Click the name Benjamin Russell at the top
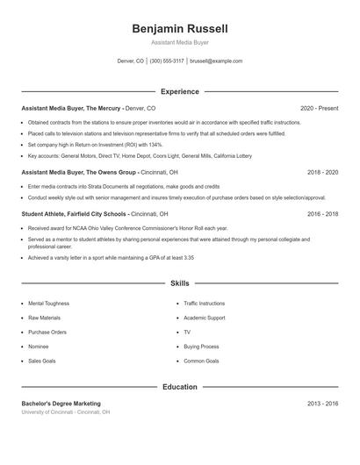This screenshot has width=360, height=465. point(180,29)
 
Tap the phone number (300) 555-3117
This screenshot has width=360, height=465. point(167,61)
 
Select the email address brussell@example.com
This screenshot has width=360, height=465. point(215,61)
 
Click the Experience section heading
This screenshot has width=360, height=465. point(180,91)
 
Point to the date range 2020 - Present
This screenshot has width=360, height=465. point(319,108)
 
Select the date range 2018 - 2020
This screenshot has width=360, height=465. point(321,173)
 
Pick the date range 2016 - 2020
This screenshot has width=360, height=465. point(321,213)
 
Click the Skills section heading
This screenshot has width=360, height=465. point(180,284)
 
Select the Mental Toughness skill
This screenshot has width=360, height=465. point(48,303)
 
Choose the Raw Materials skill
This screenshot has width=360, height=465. point(44,318)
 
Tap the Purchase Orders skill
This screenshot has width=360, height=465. point(47,332)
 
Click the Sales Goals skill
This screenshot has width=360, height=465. point(42,361)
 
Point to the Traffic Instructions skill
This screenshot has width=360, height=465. point(204,303)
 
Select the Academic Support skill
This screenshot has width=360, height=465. point(204,318)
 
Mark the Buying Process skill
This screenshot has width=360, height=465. point(201,347)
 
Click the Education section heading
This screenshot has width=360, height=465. point(180,386)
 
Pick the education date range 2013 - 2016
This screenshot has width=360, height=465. point(321,403)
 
